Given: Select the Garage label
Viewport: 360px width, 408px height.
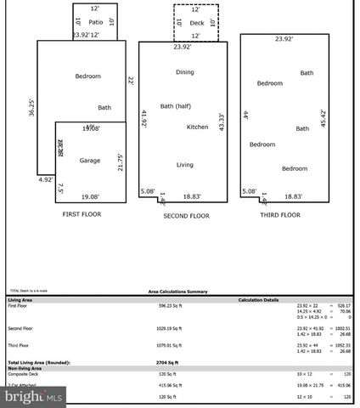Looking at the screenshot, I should [90, 161].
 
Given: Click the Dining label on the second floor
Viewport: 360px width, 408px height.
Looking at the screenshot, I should [185, 72].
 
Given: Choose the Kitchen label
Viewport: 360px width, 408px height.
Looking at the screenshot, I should [198, 127].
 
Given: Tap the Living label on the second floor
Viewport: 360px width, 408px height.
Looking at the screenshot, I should [184, 165].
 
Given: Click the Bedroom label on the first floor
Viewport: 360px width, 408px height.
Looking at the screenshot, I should [87, 76].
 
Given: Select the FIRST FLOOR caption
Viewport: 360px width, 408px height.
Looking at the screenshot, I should [82, 215].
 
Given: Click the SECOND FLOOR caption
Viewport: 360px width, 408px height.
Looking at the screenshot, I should [186, 216].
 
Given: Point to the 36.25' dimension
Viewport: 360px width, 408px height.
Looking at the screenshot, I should [31, 108].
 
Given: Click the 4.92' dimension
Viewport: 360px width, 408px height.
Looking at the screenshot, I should [45, 179].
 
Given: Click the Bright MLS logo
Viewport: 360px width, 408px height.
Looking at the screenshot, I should [34, 394].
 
